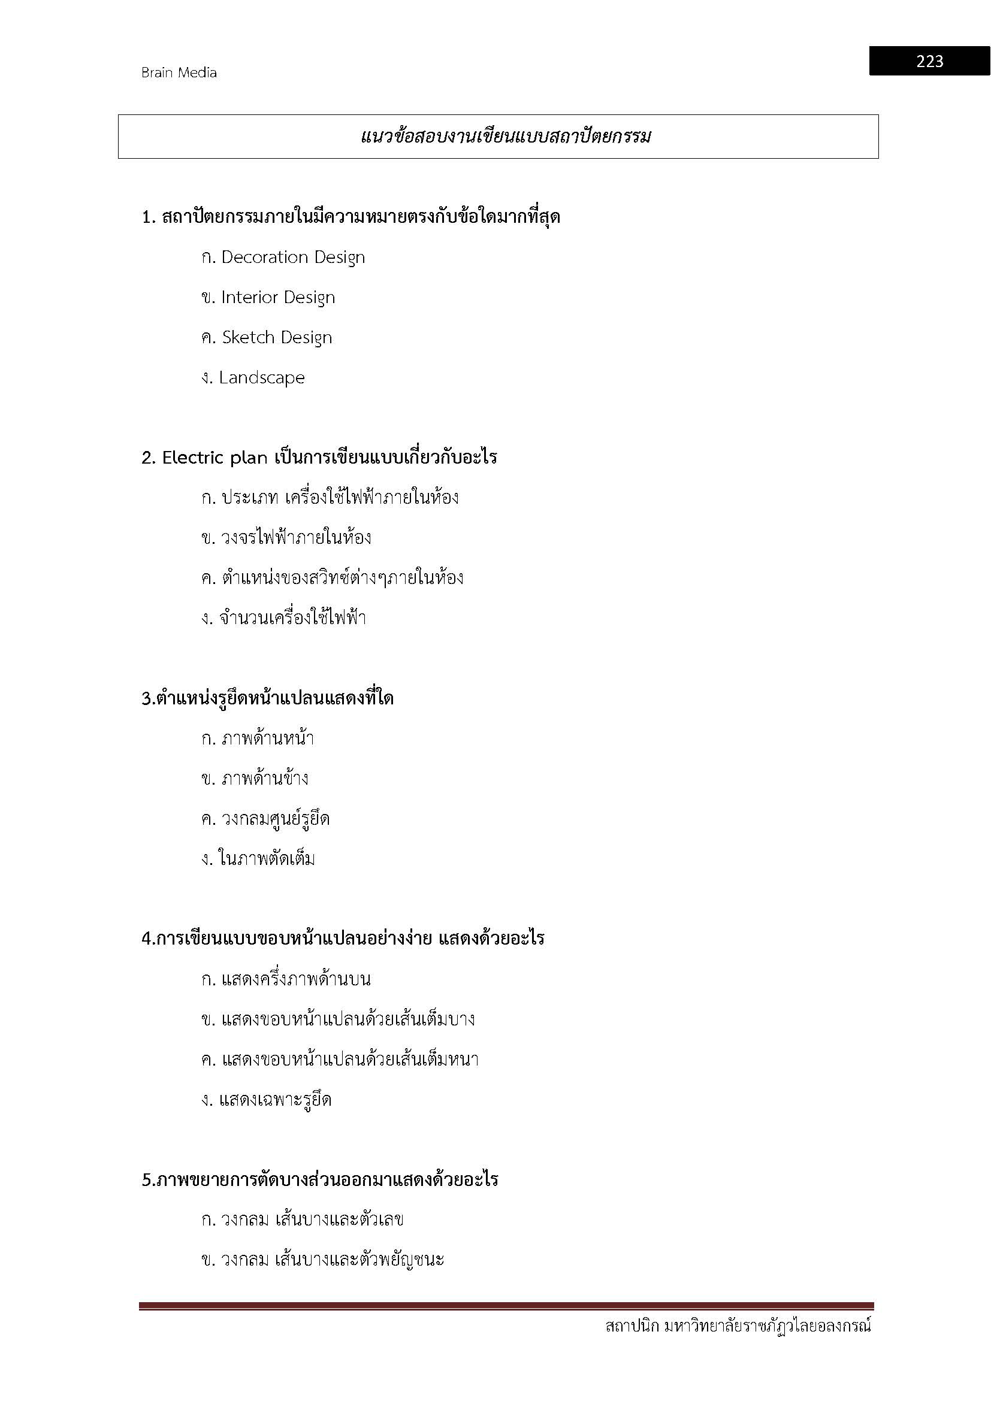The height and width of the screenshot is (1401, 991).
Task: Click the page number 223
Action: tap(929, 61)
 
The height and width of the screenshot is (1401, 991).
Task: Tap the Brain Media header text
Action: tap(179, 72)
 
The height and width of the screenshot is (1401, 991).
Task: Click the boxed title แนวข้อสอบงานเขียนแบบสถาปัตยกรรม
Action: tap(506, 136)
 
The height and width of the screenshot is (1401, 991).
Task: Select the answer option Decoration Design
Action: tap(292, 258)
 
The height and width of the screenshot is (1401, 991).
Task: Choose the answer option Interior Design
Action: tap(277, 298)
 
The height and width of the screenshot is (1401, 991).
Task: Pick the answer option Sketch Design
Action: tap(276, 337)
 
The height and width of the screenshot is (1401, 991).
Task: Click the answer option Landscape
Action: tap(262, 378)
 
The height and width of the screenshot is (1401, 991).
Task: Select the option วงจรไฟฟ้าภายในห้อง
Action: tap(296, 537)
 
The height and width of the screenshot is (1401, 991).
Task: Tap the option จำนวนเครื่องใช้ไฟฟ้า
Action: tap(292, 618)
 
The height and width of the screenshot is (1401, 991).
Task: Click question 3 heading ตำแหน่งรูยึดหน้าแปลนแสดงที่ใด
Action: tap(268, 698)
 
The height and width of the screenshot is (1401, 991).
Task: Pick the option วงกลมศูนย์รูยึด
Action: tap(275, 819)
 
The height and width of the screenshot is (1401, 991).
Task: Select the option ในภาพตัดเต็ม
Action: tap(267, 859)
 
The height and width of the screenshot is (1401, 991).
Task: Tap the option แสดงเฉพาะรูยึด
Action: tap(275, 1100)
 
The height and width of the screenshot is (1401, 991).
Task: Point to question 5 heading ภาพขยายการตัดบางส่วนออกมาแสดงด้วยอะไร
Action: tap(321, 1179)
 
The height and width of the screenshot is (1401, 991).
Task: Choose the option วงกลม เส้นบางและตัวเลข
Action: tap(312, 1220)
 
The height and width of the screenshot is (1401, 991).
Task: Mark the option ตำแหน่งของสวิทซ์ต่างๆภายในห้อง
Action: tap(342, 578)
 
